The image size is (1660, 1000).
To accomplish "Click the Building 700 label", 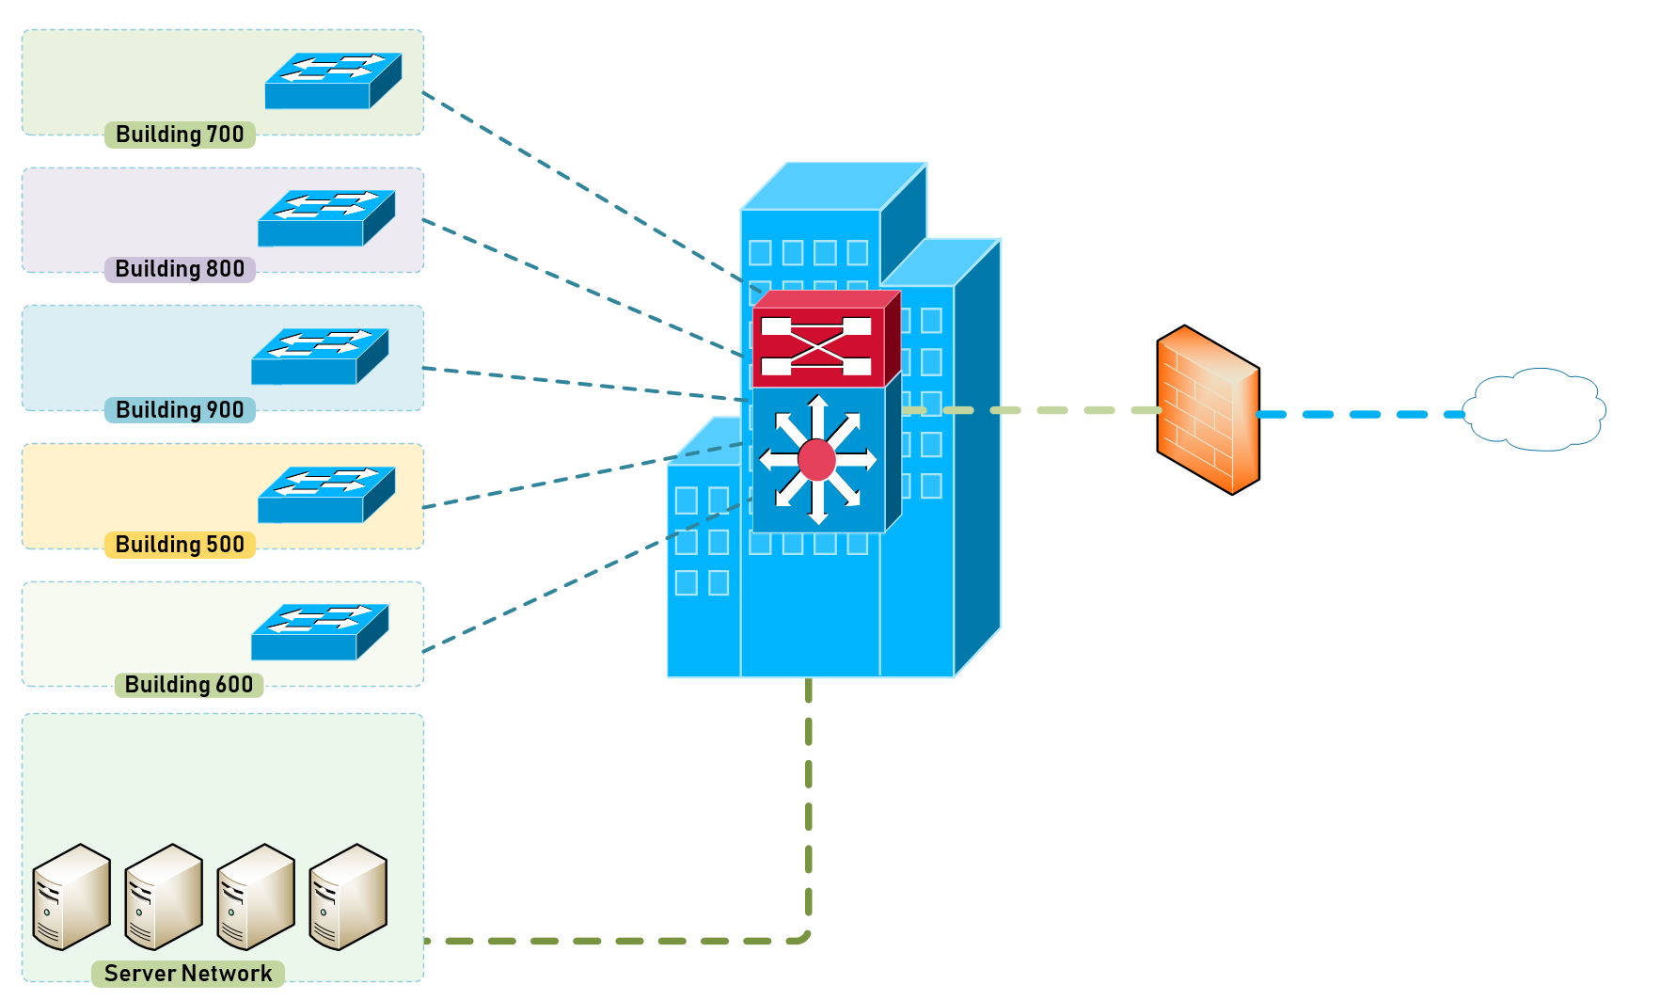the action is tap(180, 135).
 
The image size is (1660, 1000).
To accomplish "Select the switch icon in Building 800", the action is tap(326, 218).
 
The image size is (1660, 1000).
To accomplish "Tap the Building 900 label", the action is tap(180, 410).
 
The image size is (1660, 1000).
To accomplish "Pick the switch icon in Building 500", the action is tap(326, 495).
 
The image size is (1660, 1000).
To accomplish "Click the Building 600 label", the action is tap(189, 685).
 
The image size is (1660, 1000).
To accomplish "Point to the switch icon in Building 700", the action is tap(333, 81).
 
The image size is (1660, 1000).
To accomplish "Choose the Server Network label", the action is tap(188, 974).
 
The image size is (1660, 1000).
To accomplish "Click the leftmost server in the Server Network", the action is tap(71, 897).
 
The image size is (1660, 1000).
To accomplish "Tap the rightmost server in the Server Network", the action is tap(348, 897).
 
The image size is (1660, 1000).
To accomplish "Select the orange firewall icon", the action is tap(1208, 410).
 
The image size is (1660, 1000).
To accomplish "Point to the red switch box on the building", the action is tap(826, 339).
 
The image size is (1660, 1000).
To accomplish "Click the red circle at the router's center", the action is tap(816, 460).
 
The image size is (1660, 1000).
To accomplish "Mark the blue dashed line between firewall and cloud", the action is tap(1361, 414).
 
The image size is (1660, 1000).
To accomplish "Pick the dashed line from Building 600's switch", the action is tap(587, 576).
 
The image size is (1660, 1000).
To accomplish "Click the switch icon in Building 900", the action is tap(320, 357).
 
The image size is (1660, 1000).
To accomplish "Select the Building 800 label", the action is tap(180, 269).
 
